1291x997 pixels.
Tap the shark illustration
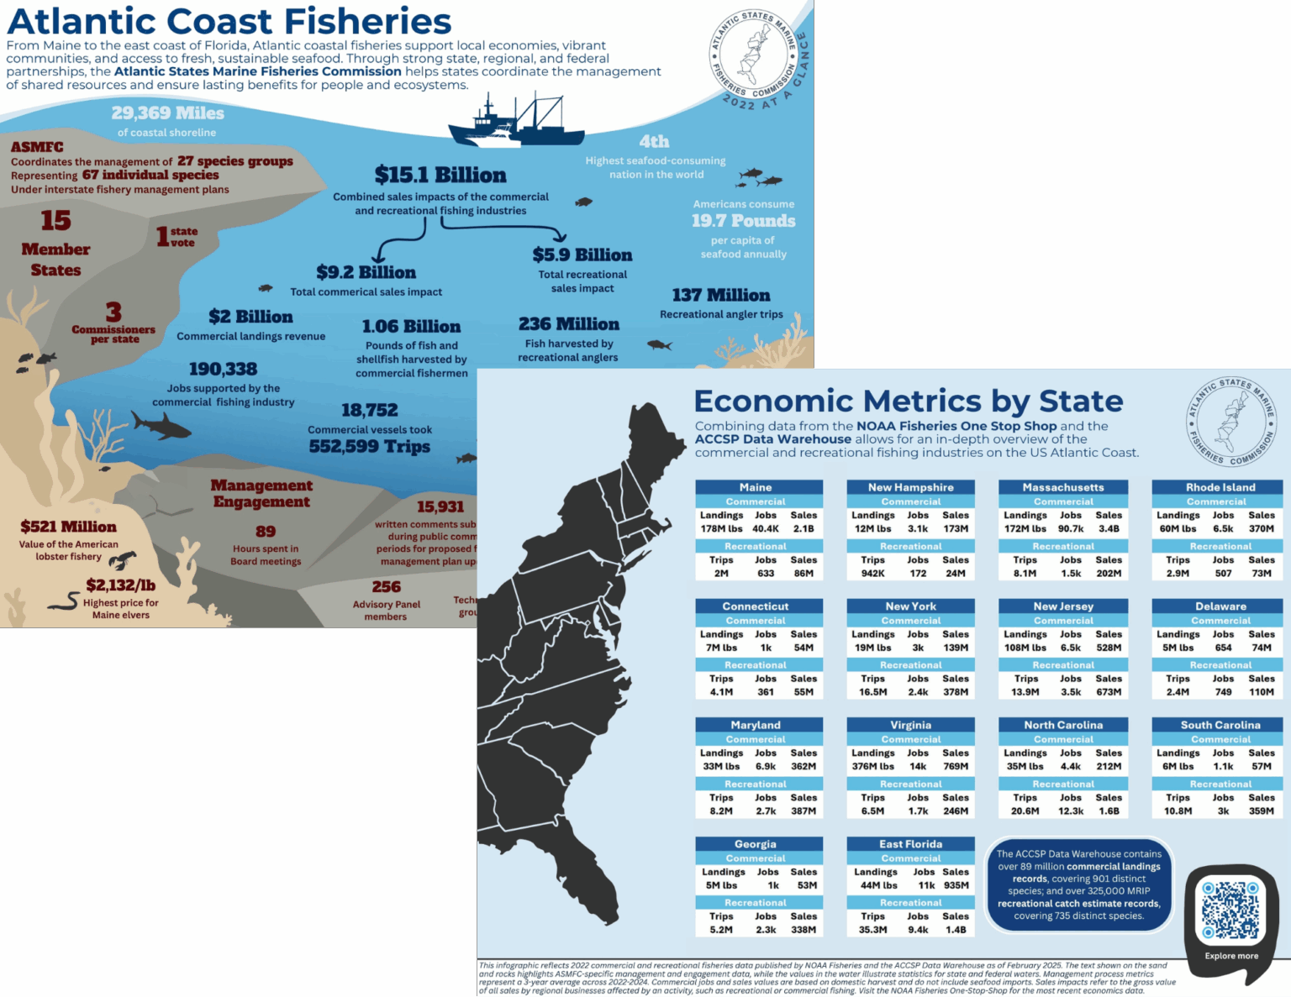161,426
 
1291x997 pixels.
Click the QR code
1230,910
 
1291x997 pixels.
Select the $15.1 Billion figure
440,175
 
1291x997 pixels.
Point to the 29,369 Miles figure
167,113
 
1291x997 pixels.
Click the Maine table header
756,487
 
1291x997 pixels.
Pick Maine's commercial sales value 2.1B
804,529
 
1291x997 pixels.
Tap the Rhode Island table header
1220,487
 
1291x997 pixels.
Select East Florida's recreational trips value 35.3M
872,930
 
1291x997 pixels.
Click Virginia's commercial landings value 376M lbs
872,766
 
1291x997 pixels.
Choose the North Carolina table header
1063,725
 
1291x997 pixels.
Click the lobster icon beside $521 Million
123,559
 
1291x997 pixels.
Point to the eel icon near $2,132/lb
63,601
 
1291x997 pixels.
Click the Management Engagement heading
261,493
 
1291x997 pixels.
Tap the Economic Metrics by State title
909,401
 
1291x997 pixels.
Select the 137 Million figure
720,295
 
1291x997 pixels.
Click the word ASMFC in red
37,147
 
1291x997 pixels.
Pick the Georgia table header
756,844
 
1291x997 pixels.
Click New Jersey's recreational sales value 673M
1109,692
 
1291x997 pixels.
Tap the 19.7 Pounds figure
743,221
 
